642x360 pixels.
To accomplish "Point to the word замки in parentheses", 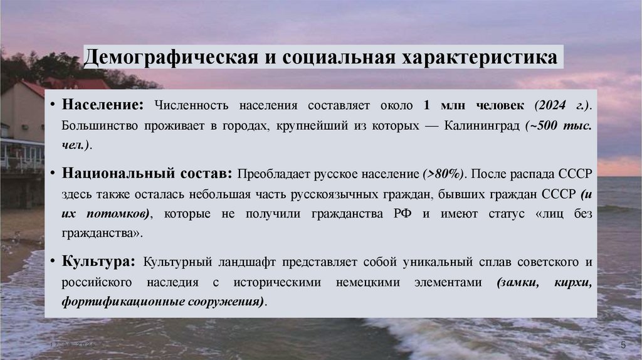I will tap(520, 282).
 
